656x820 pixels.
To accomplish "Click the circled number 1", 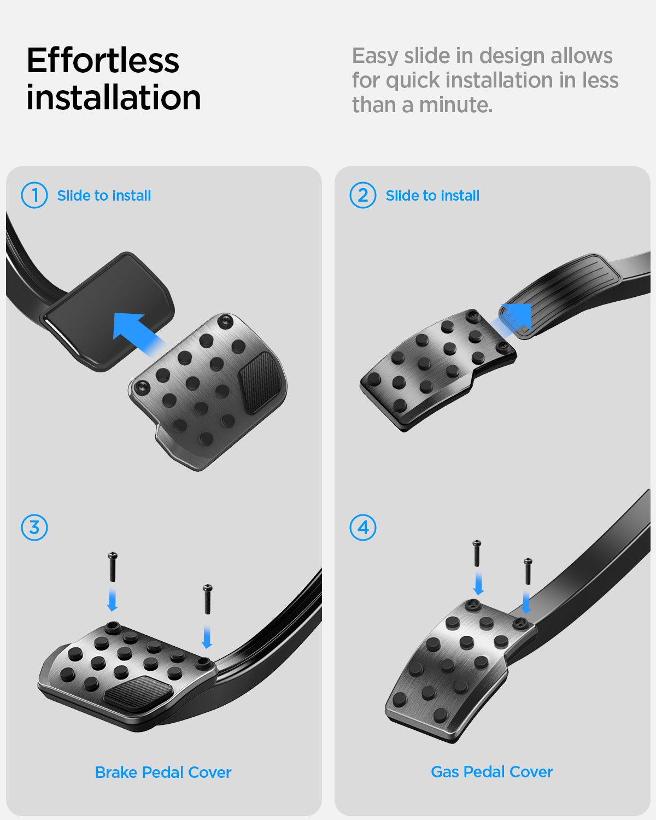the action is (x=34, y=195).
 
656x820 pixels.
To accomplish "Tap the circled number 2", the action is (x=363, y=195).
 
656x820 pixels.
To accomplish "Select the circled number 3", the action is (x=34, y=528).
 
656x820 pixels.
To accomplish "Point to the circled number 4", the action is (x=363, y=528).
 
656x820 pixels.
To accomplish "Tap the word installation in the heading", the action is (x=114, y=97).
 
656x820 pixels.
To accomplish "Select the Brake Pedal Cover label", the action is (x=163, y=772).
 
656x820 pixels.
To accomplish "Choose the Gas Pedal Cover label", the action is (x=491, y=771).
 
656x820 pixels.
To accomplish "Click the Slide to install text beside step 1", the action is (x=104, y=196).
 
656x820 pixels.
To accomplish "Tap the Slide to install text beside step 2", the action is (x=432, y=196).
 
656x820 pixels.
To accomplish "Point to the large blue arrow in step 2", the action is (x=513, y=319).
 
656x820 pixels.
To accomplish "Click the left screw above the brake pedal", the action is (x=113, y=567).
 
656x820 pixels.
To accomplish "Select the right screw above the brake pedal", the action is (x=207, y=599).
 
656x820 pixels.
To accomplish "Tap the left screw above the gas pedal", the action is (x=477, y=553).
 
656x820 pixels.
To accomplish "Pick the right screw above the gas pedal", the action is (x=528, y=571).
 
